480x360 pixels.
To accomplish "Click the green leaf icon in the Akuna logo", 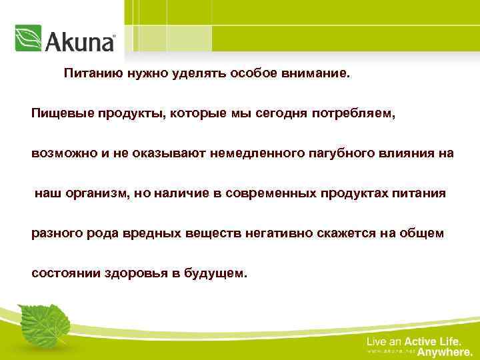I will [x=28, y=39].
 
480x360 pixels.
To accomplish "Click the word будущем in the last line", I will [x=221, y=273].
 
